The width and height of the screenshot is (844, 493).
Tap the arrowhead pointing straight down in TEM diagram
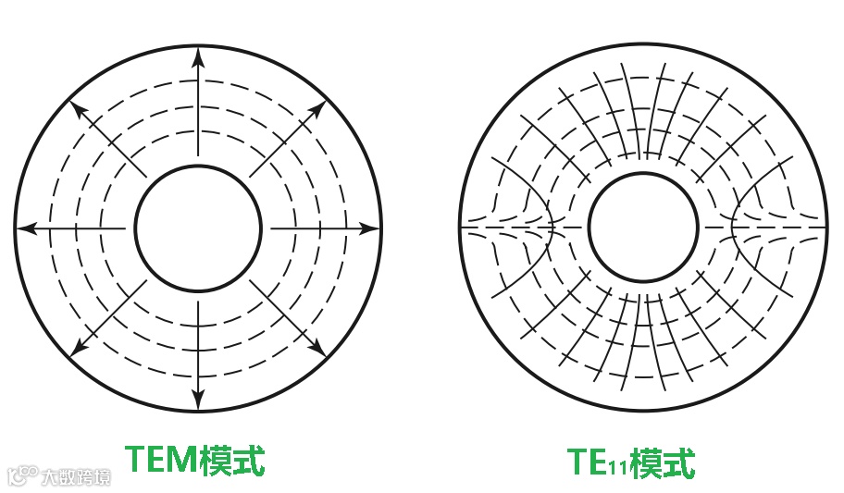coord(198,399)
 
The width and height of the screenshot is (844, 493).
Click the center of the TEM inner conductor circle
coord(198,227)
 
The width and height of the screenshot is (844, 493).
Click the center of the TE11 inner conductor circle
coord(642,227)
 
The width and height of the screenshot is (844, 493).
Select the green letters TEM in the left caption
coord(161,460)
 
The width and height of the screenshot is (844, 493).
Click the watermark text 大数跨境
coord(75,477)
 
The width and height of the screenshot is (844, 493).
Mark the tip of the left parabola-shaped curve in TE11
coord(553,227)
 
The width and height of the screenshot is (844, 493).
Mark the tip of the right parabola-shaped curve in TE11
coord(732,227)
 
